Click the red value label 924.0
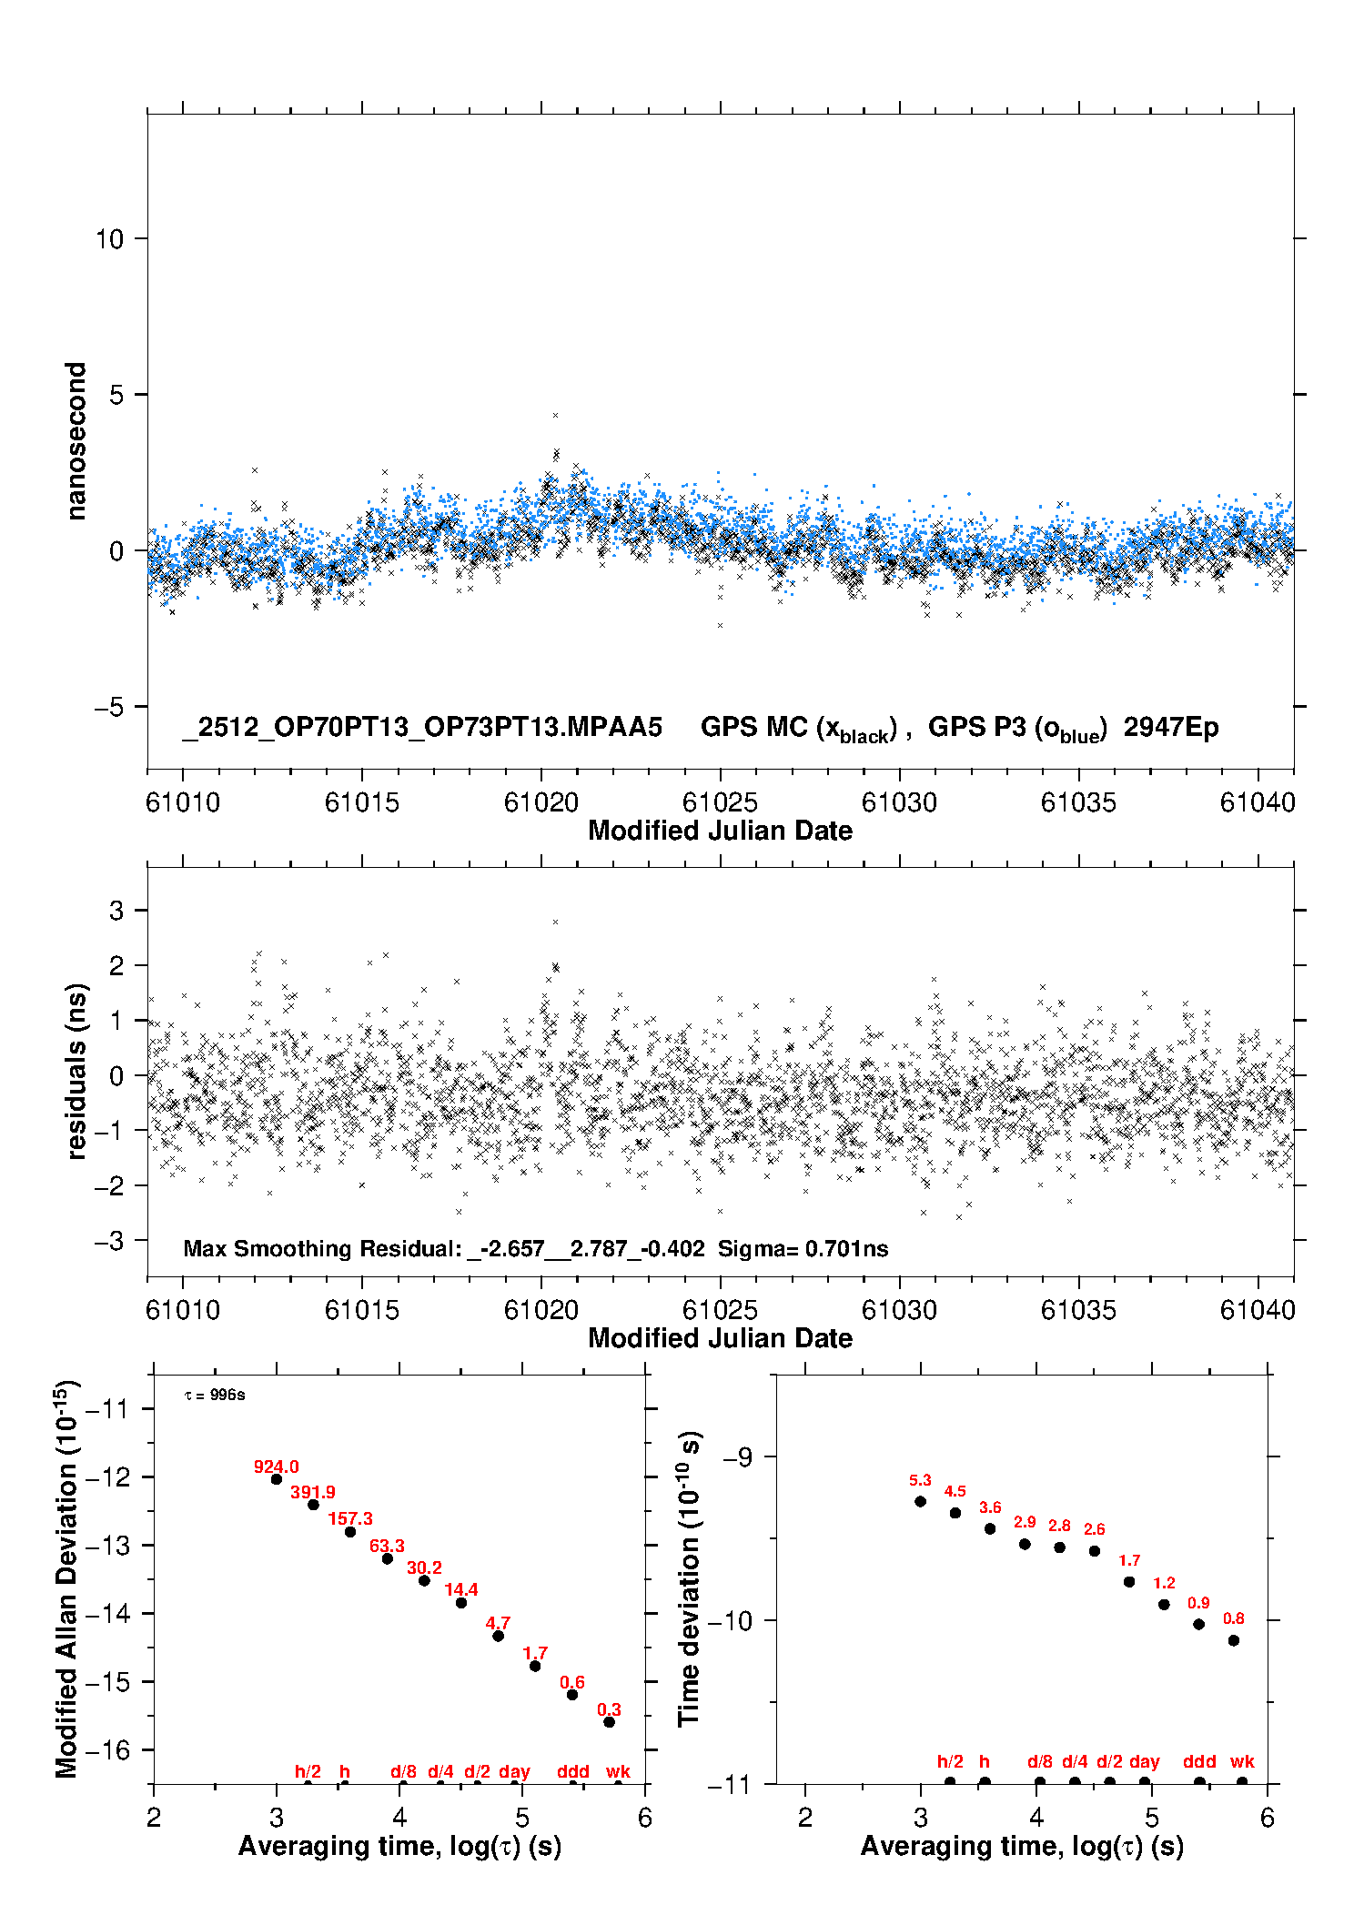pos(276,1466)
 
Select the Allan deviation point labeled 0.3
pos(610,1721)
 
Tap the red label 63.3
pos(387,1546)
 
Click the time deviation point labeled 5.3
pos(921,1501)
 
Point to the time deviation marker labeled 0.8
pos(1234,1640)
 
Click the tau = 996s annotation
pos(215,1395)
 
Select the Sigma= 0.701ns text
pos(803,1248)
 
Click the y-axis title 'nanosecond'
pos(76,441)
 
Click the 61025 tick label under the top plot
pos(720,802)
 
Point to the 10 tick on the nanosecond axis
pos(109,239)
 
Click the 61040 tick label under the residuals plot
pos(1258,1310)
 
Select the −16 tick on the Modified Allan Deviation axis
pos(106,1749)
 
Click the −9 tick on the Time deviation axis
pos(738,1456)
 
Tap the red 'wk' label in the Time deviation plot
pos(1242,1761)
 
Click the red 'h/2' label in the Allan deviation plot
pos(308,1771)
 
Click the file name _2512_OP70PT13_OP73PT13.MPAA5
pos(422,727)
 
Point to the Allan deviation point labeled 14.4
pos(461,1602)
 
